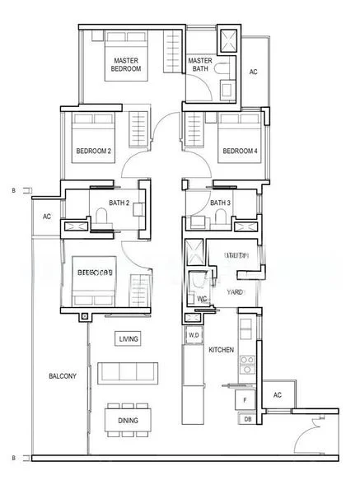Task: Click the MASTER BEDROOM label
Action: click(126, 64)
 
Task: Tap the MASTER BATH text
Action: click(200, 64)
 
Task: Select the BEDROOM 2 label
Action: click(93, 151)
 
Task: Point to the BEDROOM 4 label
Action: click(240, 151)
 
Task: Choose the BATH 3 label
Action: click(220, 203)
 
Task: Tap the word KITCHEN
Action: click(221, 350)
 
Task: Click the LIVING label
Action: click(129, 338)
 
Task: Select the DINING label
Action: click(128, 421)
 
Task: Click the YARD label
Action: click(235, 291)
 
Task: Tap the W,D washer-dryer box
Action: click(194, 336)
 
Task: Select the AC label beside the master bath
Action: click(254, 72)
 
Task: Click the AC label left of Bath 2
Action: click(46, 217)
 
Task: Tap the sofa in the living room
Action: click(129, 373)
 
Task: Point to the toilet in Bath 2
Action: click(101, 217)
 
